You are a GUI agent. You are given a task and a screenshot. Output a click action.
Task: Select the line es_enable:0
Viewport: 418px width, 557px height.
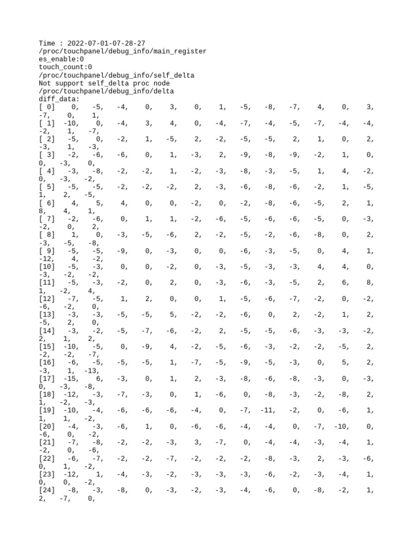61,59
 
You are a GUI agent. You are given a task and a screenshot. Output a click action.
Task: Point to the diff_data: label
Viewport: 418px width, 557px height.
59,100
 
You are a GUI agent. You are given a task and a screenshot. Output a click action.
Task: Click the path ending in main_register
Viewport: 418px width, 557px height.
122,51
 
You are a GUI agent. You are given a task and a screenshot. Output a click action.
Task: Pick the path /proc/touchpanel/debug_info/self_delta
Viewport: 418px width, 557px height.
116,75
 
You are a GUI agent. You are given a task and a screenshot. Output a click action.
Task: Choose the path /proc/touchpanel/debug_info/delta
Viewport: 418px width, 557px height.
106,91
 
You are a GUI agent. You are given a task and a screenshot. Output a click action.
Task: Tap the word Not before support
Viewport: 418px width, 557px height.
46,83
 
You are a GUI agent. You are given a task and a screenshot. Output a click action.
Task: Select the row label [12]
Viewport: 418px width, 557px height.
47,299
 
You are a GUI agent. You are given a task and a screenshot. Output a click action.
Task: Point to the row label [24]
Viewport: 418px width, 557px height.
47,491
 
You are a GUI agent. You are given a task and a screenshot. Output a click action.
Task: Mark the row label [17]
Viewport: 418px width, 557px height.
47,379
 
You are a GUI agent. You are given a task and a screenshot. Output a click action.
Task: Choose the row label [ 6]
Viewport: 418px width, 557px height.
47,203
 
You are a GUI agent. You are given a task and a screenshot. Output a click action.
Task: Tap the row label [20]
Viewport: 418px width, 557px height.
47,426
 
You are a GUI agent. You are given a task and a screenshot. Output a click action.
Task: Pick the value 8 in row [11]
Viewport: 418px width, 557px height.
371,283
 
